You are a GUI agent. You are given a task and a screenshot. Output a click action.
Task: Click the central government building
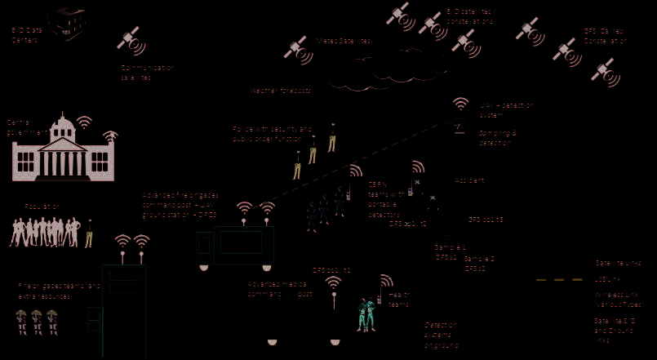click(62, 151)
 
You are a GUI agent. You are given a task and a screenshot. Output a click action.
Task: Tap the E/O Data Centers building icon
click(65, 23)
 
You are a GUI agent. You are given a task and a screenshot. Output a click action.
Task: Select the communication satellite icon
click(130, 40)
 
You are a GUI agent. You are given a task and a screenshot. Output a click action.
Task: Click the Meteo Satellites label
click(343, 41)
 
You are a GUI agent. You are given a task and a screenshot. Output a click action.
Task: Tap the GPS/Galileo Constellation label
click(605, 36)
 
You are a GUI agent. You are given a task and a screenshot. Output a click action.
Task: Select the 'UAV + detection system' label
click(506, 109)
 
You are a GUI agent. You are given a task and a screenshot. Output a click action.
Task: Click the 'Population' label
click(42, 207)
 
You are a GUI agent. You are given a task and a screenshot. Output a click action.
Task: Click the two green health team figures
click(366, 313)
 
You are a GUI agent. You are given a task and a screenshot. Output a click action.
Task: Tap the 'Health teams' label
click(399, 300)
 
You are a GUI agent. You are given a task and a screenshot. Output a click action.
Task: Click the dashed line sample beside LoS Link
click(559, 279)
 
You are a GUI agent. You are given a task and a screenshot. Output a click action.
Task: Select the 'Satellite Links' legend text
click(618, 263)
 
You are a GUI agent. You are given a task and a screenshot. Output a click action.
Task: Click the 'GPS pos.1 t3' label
click(486, 220)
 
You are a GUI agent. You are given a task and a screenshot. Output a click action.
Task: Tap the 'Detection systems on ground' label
click(442, 335)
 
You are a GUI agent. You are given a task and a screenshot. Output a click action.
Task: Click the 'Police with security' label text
click(272, 134)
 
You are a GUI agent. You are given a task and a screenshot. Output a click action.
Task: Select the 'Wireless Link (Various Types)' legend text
click(618, 299)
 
